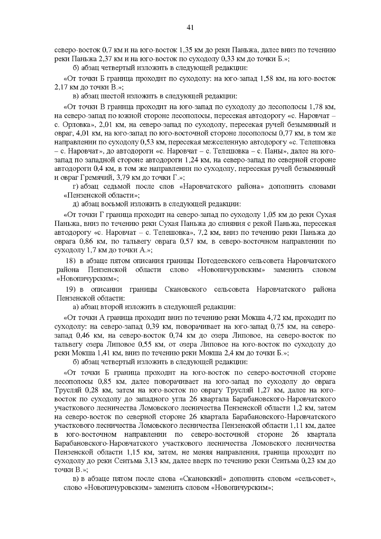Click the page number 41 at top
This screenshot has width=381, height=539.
[x=190, y=28]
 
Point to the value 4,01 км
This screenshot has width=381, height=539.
[x=114, y=132]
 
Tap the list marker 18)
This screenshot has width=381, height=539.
[x=70, y=261]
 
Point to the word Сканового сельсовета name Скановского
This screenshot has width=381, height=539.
[x=186, y=289]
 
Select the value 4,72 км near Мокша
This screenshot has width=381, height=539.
[x=275, y=318]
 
